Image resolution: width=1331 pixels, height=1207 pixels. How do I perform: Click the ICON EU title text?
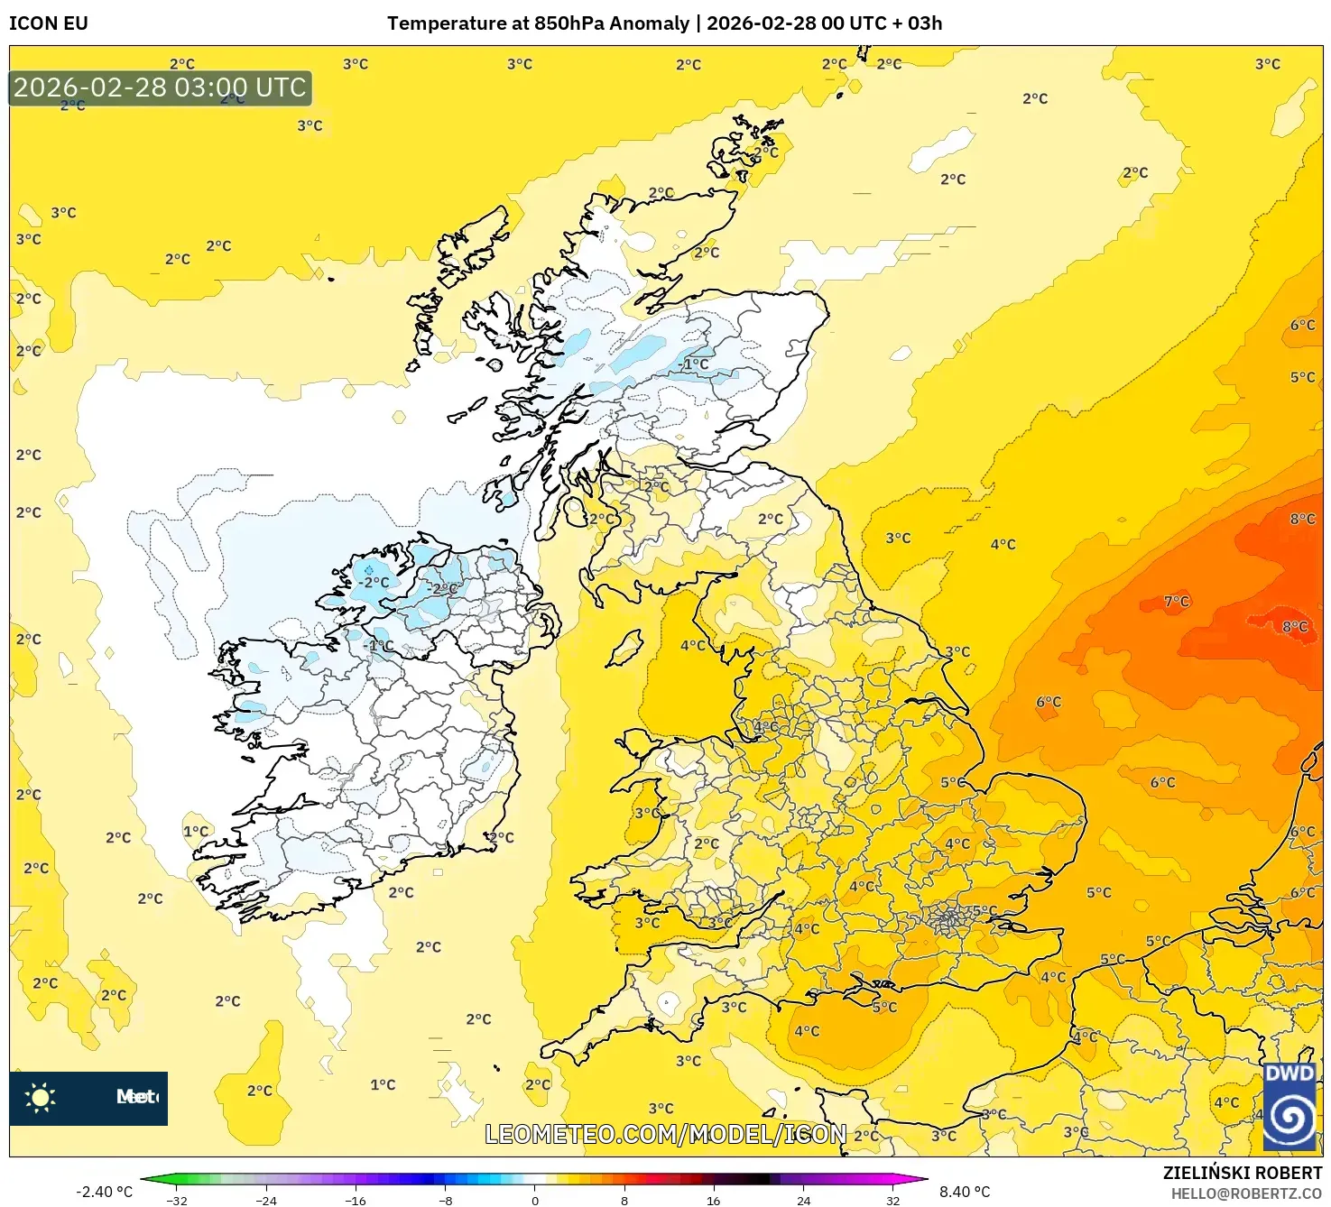click(49, 23)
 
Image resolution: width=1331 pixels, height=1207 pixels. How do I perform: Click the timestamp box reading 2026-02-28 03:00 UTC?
click(161, 88)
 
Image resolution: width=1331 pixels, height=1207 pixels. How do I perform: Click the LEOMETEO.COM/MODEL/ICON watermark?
click(666, 1134)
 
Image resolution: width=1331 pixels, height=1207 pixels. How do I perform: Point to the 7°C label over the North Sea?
click(1177, 602)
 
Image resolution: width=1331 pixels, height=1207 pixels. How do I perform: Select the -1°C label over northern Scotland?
click(694, 364)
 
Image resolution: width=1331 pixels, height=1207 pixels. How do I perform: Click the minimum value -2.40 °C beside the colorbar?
click(104, 1192)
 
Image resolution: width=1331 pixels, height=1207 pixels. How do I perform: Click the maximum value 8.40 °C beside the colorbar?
click(965, 1192)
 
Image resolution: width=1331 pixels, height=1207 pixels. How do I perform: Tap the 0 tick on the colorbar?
click(535, 1201)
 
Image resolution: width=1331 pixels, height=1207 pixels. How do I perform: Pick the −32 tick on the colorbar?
click(177, 1201)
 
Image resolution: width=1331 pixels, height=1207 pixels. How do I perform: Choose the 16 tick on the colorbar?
click(714, 1201)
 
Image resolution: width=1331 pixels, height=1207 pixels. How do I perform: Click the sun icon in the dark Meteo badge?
click(41, 1098)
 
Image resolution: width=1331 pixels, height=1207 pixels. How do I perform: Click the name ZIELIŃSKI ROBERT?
click(1242, 1173)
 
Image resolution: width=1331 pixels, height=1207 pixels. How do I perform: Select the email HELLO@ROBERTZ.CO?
click(1246, 1193)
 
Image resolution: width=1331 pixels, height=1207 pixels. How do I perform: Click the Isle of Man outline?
click(624, 649)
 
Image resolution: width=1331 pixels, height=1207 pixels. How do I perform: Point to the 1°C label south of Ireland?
click(383, 1085)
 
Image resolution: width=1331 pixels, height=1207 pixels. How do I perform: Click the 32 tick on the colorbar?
click(892, 1201)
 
